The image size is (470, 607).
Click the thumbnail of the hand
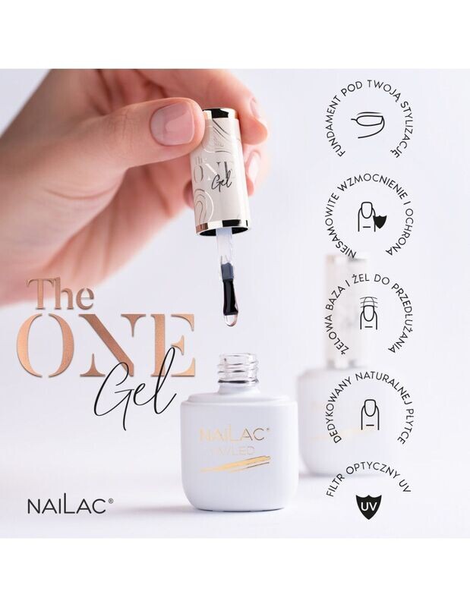172,122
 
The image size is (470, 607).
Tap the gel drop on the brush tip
232,319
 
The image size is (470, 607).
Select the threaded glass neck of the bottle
238,367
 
